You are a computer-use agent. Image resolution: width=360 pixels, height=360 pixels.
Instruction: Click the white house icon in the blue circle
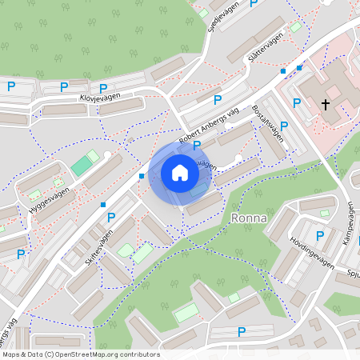tap(180, 172)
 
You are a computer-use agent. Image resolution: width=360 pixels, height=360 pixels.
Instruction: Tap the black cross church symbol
tap(326, 105)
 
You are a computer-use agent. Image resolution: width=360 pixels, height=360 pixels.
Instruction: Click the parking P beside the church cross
tap(297, 102)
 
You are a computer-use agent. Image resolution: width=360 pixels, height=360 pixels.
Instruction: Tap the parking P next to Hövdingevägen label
tap(319, 236)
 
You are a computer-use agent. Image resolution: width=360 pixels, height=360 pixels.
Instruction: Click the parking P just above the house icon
tap(197, 145)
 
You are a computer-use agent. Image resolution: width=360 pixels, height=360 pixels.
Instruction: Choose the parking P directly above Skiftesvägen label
tap(111, 217)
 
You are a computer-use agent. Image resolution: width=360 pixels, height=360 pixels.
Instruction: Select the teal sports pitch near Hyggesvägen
tap(82, 166)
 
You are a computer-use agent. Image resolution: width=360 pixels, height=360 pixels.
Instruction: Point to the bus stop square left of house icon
tap(141, 176)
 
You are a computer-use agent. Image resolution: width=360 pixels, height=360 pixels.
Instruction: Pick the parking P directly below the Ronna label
tap(242, 332)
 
